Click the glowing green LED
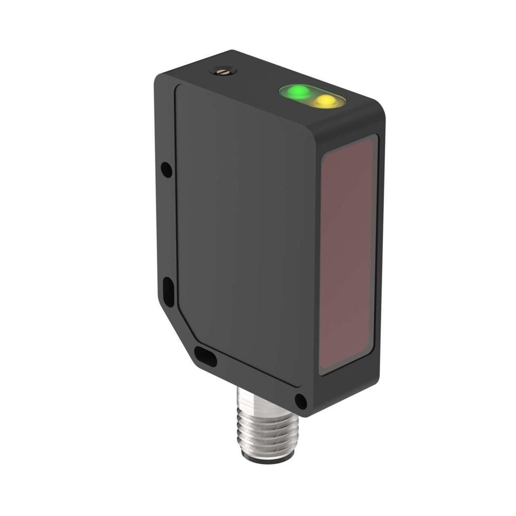(298, 93)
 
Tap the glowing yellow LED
(326, 101)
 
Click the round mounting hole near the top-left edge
(166, 169)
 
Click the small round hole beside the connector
(299, 400)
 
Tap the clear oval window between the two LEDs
(311, 96)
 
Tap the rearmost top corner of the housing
(232, 52)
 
